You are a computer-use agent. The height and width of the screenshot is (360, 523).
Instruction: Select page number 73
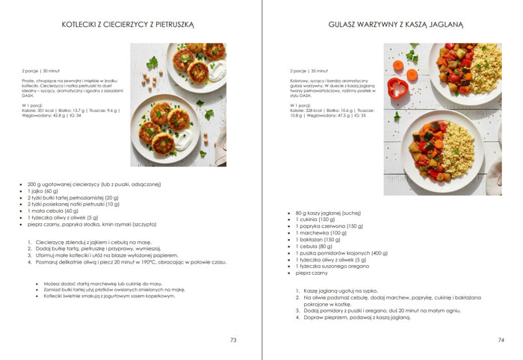pos(233,340)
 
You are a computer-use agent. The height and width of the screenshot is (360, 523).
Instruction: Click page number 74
pos(501,340)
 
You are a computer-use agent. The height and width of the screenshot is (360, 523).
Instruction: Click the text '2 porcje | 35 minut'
pos(308,71)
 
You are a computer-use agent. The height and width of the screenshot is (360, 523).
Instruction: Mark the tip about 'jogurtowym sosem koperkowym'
pos(109,296)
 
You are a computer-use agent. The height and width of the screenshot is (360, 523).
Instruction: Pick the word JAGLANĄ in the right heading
pos(445,25)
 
